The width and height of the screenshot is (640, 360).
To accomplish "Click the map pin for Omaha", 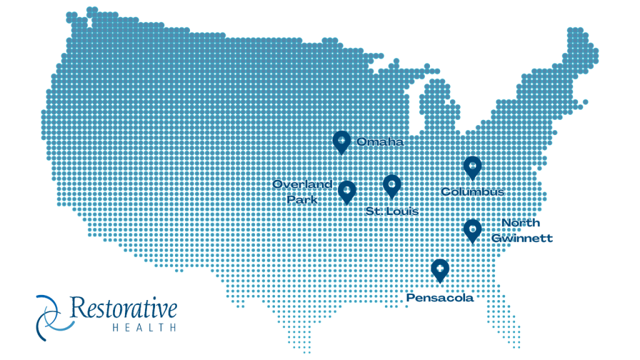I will [x=341, y=142].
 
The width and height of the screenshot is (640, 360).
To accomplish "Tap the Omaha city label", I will [x=380, y=142].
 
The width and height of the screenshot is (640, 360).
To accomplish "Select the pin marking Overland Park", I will [x=346, y=192].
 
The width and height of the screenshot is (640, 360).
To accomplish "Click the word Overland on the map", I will [x=302, y=184].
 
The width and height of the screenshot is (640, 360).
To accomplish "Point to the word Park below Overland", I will [x=302, y=199].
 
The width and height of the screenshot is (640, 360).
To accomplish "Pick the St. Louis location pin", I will [x=392, y=186].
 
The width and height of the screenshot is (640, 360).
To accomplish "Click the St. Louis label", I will [x=392, y=211].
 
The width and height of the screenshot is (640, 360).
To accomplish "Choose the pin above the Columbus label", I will [x=472, y=167].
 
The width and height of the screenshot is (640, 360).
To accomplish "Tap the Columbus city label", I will [x=472, y=192].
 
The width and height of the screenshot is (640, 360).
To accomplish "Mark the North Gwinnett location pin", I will [x=472, y=230].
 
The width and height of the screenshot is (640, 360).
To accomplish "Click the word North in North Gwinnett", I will [x=521, y=223].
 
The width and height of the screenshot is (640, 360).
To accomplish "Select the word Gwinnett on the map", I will [x=522, y=238].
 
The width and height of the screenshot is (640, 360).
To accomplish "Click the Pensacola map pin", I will [x=440, y=269].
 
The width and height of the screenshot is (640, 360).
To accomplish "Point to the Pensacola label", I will [x=440, y=298].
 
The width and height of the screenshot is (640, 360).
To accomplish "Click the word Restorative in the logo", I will [x=124, y=308].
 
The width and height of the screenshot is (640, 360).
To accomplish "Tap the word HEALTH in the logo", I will [x=144, y=327].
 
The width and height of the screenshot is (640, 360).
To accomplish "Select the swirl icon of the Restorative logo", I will [x=50, y=317].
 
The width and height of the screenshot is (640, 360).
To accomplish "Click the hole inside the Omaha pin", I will [x=341, y=139].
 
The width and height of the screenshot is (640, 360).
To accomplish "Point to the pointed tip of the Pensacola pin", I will [x=440, y=282].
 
